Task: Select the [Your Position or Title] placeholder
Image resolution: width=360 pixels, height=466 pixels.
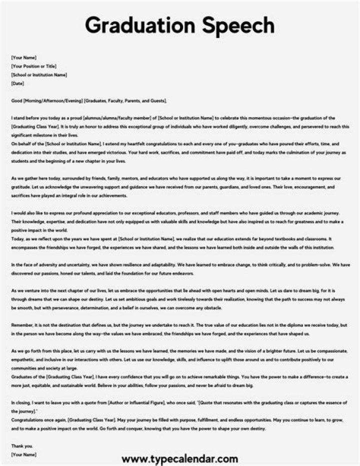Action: click(x=33, y=67)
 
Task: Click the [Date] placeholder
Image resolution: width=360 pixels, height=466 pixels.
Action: click(x=17, y=84)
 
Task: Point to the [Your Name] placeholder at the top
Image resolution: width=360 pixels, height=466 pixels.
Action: click(x=23, y=58)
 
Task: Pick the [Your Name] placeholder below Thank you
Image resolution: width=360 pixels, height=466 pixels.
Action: click(x=23, y=454)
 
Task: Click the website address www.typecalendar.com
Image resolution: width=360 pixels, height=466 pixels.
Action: click(x=179, y=458)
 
